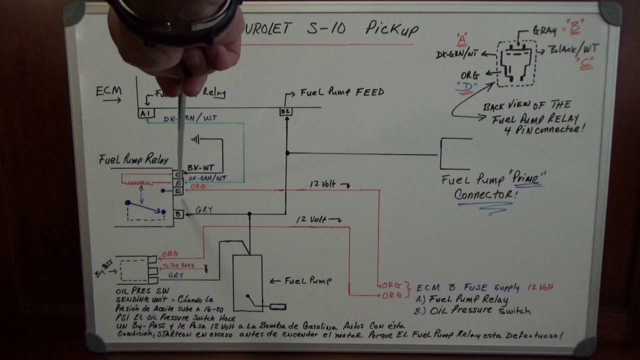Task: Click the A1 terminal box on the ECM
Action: click(x=145, y=113)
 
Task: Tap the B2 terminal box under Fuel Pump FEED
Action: click(x=285, y=111)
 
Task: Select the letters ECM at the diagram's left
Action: click(x=108, y=91)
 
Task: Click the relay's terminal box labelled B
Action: click(x=178, y=214)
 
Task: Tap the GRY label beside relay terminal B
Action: click(x=204, y=209)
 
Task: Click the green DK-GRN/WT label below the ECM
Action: click(x=190, y=118)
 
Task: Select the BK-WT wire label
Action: click(x=200, y=168)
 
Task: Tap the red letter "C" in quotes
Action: click(x=583, y=63)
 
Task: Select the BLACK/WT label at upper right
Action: click(x=573, y=49)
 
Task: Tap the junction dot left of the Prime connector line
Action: click(x=287, y=153)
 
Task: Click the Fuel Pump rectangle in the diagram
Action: click(x=247, y=282)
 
